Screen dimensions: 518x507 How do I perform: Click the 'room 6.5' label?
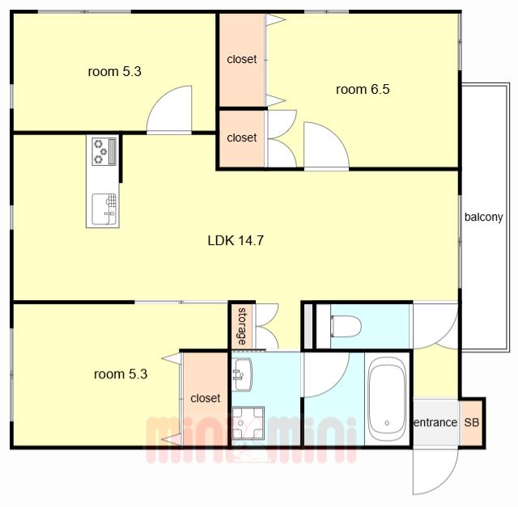(363, 90)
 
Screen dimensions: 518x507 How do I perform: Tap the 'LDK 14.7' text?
(236, 241)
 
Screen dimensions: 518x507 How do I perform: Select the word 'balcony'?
(484, 218)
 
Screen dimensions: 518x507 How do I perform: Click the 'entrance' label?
(435, 422)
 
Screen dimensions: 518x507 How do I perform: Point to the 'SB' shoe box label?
(471, 422)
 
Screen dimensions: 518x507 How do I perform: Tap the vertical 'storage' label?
(242, 326)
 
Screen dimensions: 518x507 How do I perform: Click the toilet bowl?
(346, 326)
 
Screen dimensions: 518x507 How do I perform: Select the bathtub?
(387, 399)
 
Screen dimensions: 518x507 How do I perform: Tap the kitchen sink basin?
(104, 209)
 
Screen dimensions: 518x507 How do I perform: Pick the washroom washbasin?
(242, 374)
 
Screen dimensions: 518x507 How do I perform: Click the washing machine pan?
(248, 423)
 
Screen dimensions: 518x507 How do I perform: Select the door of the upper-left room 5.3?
(169, 109)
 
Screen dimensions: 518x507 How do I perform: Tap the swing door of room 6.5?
(326, 146)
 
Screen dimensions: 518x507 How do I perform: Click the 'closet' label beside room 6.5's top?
(242, 59)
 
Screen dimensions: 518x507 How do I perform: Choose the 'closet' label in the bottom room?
(205, 398)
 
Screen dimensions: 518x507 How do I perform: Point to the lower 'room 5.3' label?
(121, 374)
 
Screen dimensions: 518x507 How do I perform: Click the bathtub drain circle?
(387, 423)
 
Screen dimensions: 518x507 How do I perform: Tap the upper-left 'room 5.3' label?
(115, 72)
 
